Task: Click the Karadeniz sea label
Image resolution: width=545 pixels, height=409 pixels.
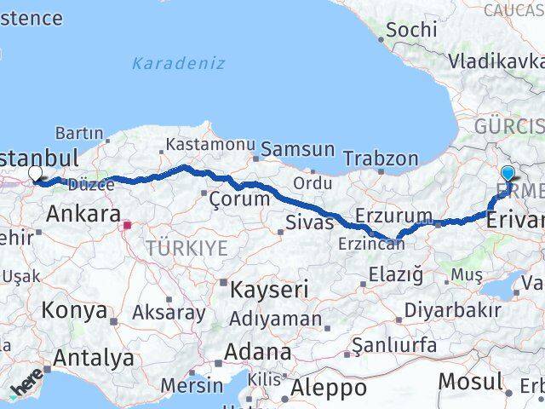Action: (179, 63)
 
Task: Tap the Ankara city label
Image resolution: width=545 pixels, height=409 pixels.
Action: (82, 214)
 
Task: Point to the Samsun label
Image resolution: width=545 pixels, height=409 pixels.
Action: (297, 149)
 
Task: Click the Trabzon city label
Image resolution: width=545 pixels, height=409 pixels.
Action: (381, 158)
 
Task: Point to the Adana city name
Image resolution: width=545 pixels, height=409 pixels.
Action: (257, 351)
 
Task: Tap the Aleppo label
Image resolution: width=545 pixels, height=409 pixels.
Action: (328, 389)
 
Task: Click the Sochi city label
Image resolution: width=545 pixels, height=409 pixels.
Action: (411, 29)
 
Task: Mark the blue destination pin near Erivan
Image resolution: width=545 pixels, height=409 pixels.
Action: (508, 173)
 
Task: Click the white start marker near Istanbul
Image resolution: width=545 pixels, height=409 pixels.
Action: (35, 174)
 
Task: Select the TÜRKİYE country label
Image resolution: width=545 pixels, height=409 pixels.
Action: (186, 248)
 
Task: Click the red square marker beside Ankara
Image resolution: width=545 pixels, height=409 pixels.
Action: (127, 226)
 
